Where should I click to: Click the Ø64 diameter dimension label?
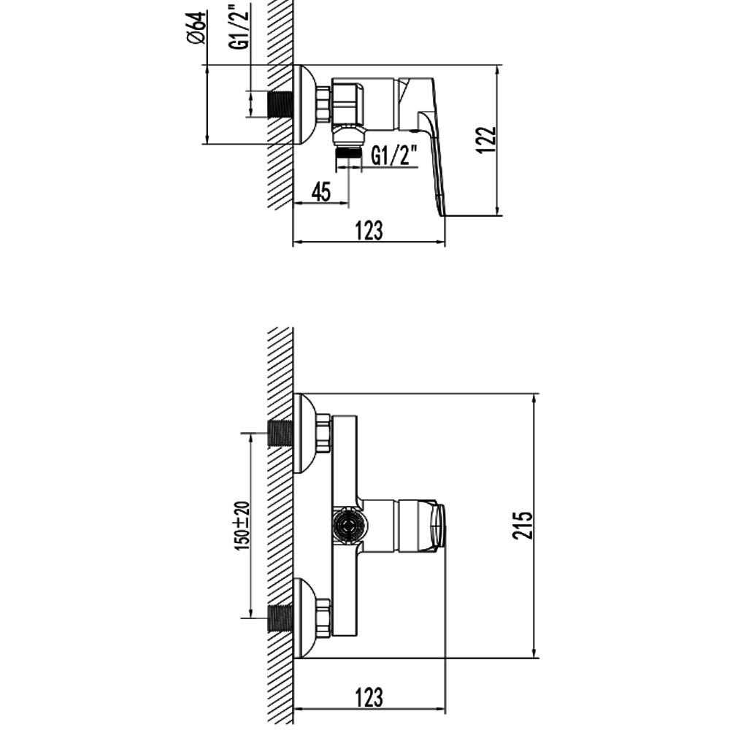click(197, 28)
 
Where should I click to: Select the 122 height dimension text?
click(485, 139)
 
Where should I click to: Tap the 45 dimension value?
click(320, 191)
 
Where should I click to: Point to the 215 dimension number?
click(523, 526)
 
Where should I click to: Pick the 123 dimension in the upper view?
click(369, 231)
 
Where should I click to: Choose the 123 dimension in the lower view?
click(369, 697)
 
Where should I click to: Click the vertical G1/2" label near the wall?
click(239, 26)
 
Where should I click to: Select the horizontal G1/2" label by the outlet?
click(391, 155)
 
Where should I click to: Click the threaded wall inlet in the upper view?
click(280, 104)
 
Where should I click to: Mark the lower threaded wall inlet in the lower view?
click(280, 618)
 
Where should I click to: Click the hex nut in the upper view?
click(323, 105)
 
